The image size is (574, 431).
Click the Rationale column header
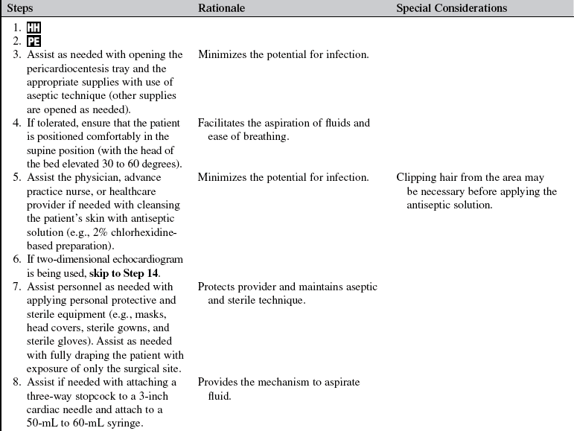tap(221, 8)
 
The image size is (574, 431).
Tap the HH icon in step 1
tap(34, 28)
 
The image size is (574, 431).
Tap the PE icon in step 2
tap(34, 42)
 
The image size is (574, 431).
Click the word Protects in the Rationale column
tap(217, 287)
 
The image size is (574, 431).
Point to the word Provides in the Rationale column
tap(218, 383)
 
